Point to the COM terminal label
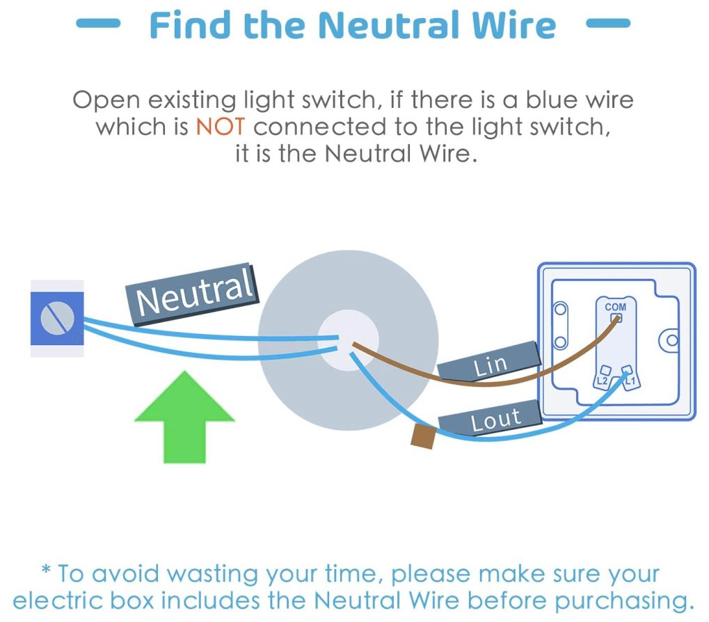(615, 307)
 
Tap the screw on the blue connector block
(56, 319)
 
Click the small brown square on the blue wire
(423, 436)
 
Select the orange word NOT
(220, 127)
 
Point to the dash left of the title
(97, 24)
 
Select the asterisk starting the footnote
(47, 572)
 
